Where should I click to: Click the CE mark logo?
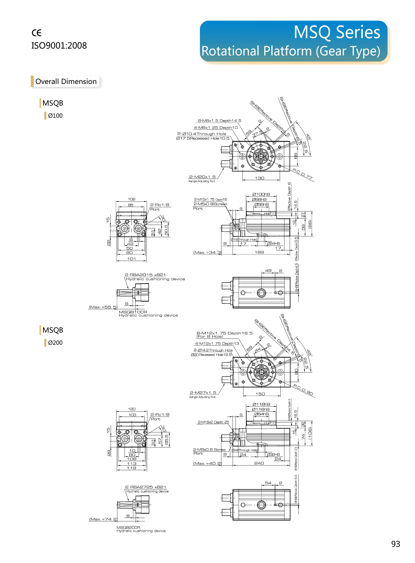click(36, 33)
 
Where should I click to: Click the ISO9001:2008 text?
click(59, 46)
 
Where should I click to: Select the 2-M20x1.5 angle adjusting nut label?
click(202, 177)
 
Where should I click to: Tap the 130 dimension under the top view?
click(259, 178)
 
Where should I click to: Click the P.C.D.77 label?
click(303, 174)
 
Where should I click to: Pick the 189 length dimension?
click(259, 252)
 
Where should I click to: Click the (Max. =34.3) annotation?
click(207, 252)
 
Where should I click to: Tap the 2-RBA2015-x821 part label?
click(145, 275)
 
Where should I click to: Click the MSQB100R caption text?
click(133, 312)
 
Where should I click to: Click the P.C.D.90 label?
click(303, 390)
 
